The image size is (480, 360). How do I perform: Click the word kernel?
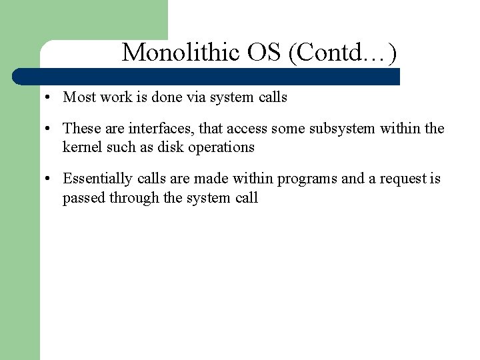[x=83, y=147]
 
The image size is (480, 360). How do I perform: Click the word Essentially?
[x=97, y=179]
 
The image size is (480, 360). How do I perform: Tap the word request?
[x=405, y=179]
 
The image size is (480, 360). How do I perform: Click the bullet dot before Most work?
[x=49, y=98]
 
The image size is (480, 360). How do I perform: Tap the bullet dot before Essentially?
[x=49, y=179]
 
